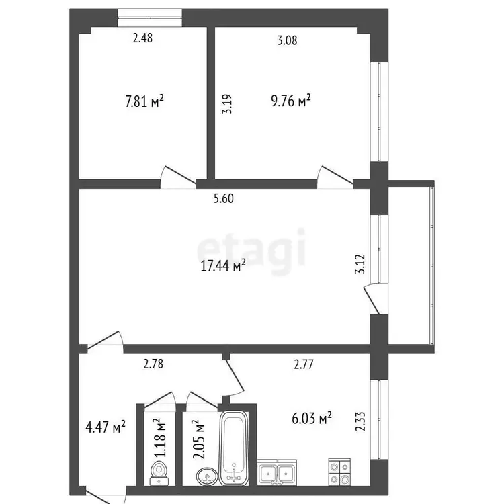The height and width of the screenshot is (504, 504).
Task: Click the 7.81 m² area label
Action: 144,101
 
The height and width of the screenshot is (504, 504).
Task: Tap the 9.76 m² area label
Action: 291,100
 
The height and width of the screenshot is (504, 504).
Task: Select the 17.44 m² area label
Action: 223,265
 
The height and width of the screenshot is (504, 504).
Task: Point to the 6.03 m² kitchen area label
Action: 312,419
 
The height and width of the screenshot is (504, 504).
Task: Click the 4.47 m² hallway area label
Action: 106,427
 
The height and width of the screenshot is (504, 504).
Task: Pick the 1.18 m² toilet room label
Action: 160,437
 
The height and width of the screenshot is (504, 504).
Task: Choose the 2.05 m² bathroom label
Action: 199,439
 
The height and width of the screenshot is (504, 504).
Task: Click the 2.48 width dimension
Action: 142,38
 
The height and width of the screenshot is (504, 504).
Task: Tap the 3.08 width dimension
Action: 288,40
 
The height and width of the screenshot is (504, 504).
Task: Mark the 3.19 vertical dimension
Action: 226,103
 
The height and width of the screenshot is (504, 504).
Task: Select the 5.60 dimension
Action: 224,198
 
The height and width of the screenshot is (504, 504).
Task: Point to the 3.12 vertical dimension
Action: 360,263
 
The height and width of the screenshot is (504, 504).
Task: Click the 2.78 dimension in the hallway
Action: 153,364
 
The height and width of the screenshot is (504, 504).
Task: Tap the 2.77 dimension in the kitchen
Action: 304,364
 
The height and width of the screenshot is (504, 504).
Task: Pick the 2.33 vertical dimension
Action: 360,421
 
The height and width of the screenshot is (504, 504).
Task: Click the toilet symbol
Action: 159,473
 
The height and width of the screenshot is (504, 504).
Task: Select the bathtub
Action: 234,448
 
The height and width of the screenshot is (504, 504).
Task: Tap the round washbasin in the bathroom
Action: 207,476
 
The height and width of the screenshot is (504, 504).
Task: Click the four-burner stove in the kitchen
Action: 339,472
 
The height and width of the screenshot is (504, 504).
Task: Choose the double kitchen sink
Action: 277,472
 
